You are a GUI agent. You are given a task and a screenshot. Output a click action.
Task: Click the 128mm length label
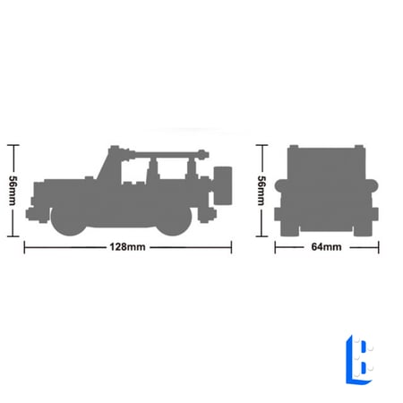coord(127,247)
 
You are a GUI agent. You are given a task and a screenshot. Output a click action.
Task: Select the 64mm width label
coord(326,247)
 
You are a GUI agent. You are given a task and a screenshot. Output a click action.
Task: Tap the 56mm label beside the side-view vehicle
coord(13,191)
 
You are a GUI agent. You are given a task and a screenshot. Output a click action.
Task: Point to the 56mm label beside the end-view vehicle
coord(262,191)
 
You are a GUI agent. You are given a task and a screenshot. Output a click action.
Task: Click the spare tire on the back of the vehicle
coord(223,185)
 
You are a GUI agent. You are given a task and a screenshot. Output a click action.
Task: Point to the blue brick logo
coord(359,359)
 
